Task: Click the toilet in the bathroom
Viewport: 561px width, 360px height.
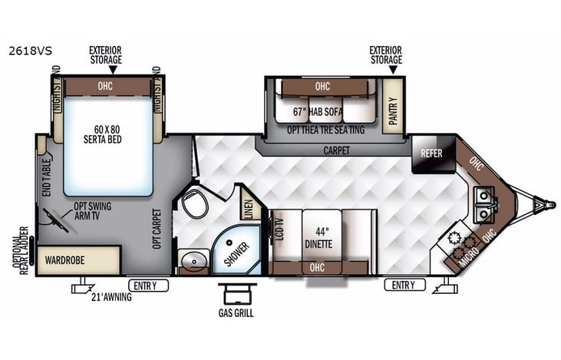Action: (x=194, y=205)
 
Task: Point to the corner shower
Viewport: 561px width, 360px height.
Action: (x=236, y=250)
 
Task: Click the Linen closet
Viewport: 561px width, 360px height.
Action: (x=247, y=207)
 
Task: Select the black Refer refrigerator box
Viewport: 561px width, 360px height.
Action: (x=431, y=153)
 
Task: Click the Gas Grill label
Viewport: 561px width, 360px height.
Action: (x=235, y=313)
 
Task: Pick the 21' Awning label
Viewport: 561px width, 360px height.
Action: (x=111, y=297)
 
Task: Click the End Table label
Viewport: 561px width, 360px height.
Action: (x=47, y=173)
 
